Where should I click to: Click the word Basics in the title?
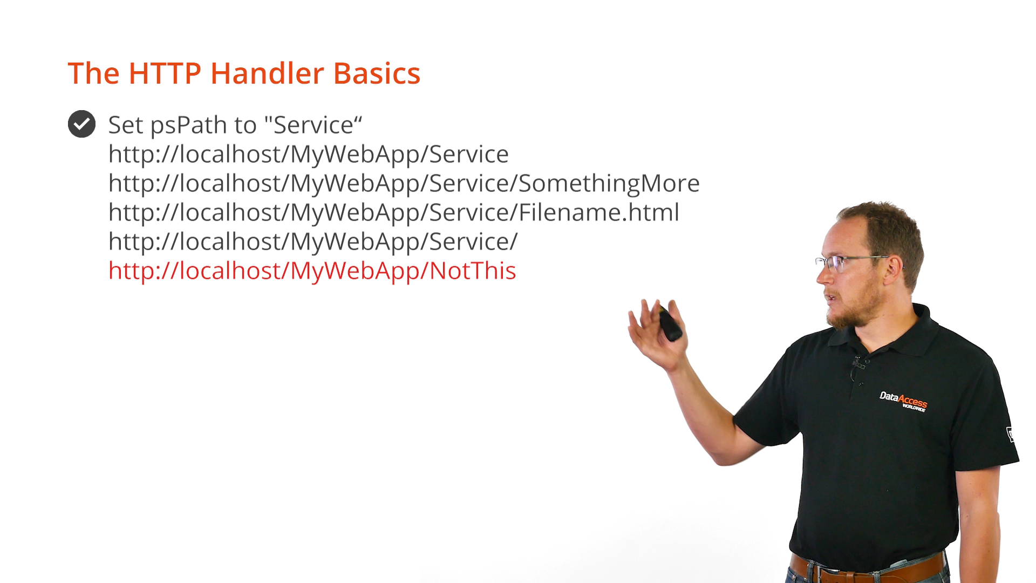point(377,73)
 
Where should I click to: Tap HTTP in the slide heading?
point(165,73)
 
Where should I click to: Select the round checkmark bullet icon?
point(81,124)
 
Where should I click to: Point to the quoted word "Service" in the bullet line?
point(313,125)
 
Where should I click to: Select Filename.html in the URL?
point(599,212)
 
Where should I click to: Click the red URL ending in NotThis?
point(312,271)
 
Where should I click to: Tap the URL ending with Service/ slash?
point(313,242)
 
